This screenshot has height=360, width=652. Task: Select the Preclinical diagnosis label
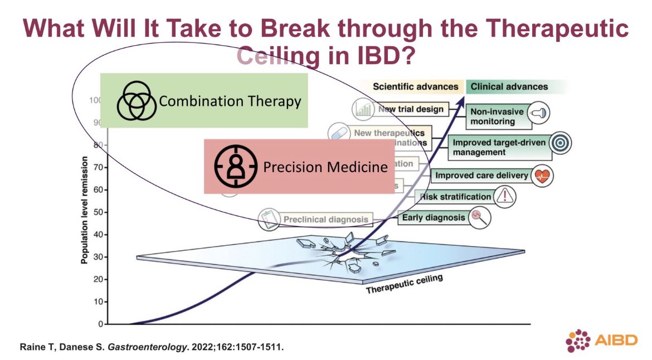[x=325, y=220]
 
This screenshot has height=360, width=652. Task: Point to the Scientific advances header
[x=415, y=86]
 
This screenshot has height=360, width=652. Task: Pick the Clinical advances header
[x=509, y=86]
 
